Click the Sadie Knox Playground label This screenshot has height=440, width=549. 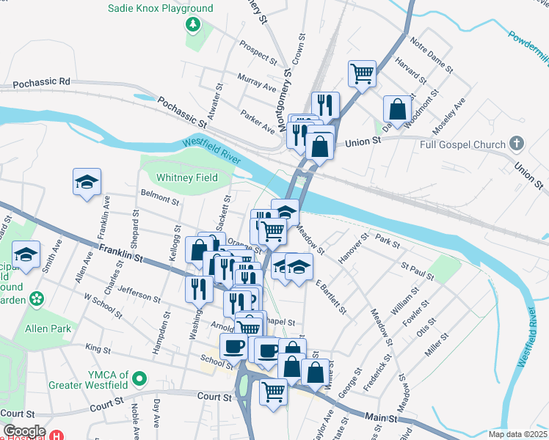click(x=161, y=9)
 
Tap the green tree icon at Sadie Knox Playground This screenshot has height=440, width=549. click(x=193, y=26)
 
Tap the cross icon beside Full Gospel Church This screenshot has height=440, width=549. click(x=517, y=142)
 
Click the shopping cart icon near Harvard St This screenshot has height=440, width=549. click(x=362, y=73)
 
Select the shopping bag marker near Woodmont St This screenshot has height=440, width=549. click(x=397, y=109)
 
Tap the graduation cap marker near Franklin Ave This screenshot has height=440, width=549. click(x=87, y=182)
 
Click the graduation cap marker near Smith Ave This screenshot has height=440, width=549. click(x=26, y=254)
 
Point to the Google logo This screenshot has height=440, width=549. click(x=24, y=431)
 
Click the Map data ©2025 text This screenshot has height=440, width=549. click(x=517, y=434)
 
